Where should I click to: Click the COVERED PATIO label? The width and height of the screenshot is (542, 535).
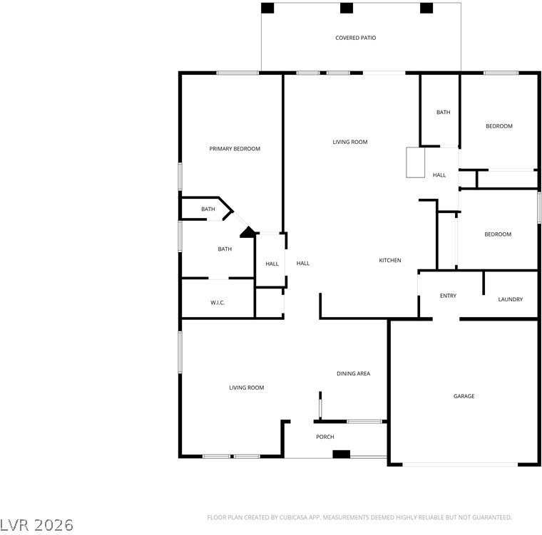(355, 38)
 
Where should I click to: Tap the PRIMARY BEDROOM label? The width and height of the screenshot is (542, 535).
(235, 149)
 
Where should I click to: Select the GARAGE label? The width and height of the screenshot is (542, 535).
(464, 396)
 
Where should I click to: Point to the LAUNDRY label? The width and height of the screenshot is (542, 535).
(510, 299)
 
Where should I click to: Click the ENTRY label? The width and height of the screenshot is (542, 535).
(448, 296)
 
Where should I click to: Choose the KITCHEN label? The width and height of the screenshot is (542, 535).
(389, 260)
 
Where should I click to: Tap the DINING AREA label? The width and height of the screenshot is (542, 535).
(353, 373)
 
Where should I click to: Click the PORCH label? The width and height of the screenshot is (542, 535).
(325, 437)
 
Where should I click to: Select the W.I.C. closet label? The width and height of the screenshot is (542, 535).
(218, 303)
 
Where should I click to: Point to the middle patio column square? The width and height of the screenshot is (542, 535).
(347, 9)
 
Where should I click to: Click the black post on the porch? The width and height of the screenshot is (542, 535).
(342, 454)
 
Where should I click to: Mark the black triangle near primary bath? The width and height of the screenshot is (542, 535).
(248, 232)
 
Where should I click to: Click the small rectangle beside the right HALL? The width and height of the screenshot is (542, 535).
(415, 162)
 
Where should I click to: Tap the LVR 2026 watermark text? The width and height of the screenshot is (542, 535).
(37, 525)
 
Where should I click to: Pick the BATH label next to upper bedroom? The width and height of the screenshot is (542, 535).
(444, 112)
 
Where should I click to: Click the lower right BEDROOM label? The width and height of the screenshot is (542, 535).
(498, 234)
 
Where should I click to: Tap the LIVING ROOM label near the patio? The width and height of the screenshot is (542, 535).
(350, 142)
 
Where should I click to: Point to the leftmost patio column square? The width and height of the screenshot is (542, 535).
(267, 9)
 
